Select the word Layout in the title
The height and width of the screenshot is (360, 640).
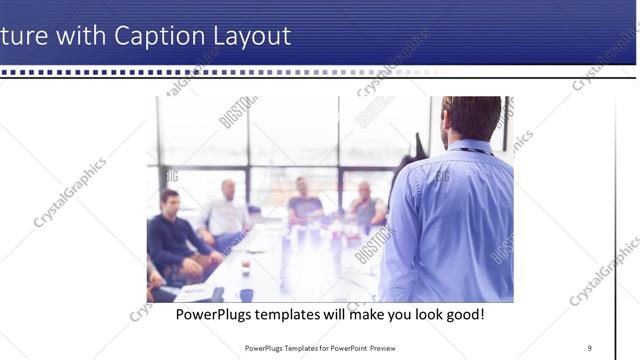click(x=251, y=37)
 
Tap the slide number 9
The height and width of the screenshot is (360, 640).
click(x=589, y=348)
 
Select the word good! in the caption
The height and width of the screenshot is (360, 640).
click(x=463, y=314)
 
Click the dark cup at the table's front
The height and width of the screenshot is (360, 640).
click(x=246, y=295)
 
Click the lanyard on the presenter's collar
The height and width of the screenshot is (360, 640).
click(x=470, y=150)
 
